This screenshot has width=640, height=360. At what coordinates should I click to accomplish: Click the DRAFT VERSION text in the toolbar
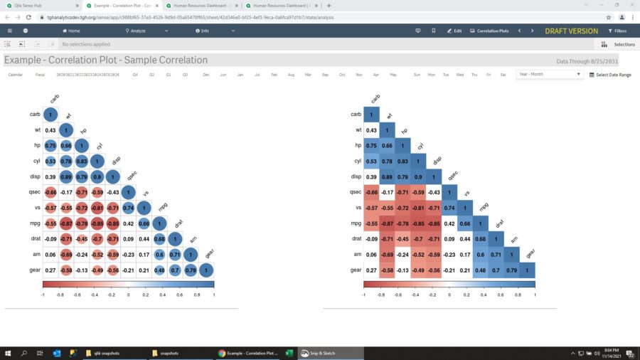click(x=571, y=31)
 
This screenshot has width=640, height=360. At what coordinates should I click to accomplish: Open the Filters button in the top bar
click(x=617, y=31)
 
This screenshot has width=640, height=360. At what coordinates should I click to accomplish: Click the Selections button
click(x=620, y=44)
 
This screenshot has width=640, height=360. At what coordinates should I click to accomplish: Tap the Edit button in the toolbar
click(x=454, y=31)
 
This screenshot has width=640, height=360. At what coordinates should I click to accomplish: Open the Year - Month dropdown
click(x=550, y=74)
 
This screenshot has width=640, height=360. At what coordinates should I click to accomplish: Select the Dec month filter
click(x=206, y=75)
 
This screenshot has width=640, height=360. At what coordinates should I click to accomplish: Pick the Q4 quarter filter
click(x=135, y=75)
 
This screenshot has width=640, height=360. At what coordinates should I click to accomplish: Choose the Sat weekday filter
click(x=503, y=75)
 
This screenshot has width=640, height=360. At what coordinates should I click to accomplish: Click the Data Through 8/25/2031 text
click(x=587, y=62)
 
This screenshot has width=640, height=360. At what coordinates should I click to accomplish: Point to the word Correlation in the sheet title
click(x=112, y=60)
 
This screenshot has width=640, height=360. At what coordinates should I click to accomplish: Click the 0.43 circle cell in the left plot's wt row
click(x=50, y=130)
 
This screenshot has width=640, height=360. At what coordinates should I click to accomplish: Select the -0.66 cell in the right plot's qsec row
click(x=371, y=192)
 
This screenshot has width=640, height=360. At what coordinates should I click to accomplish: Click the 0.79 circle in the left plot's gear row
click(x=190, y=270)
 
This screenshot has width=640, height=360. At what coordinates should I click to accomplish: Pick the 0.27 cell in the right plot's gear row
click(x=371, y=270)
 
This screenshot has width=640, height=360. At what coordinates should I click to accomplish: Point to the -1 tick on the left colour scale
click(x=43, y=293)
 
